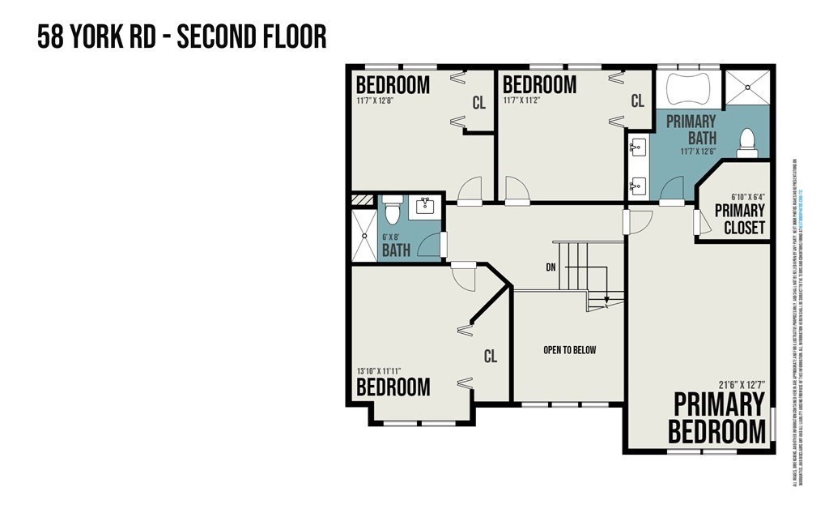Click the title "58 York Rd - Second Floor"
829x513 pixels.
click(x=181, y=37)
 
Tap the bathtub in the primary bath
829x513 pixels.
click(x=687, y=88)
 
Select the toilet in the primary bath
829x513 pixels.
click(x=747, y=143)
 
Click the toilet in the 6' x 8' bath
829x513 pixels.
click(x=392, y=210)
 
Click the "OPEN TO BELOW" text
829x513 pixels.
click(x=569, y=350)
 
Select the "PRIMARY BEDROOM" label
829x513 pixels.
click(x=717, y=417)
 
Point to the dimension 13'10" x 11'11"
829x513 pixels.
click(x=379, y=371)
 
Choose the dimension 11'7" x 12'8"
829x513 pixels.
click(x=382, y=102)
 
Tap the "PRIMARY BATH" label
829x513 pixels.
click(x=691, y=129)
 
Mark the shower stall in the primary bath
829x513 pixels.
click(x=746, y=88)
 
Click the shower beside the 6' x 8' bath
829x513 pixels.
click(x=363, y=235)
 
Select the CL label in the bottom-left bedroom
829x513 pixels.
click(x=490, y=356)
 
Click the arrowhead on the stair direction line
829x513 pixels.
click(x=606, y=298)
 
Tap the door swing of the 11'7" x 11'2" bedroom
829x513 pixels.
click(x=516, y=190)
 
